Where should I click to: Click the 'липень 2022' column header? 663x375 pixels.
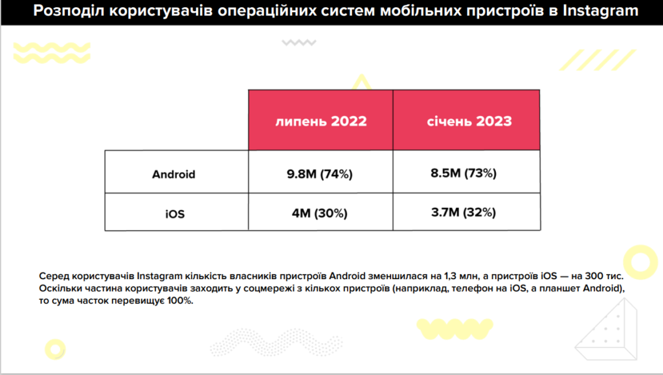[320, 121]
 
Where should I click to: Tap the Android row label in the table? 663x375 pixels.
[174, 174]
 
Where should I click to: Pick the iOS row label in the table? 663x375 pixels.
[174, 213]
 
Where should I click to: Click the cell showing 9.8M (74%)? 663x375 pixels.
[320, 174]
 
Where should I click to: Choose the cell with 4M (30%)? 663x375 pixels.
[320, 212]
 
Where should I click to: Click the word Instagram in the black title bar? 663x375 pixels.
[599, 11]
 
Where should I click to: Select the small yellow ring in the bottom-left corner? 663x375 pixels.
[52, 347]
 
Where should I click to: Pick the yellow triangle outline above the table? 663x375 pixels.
[361, 82]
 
